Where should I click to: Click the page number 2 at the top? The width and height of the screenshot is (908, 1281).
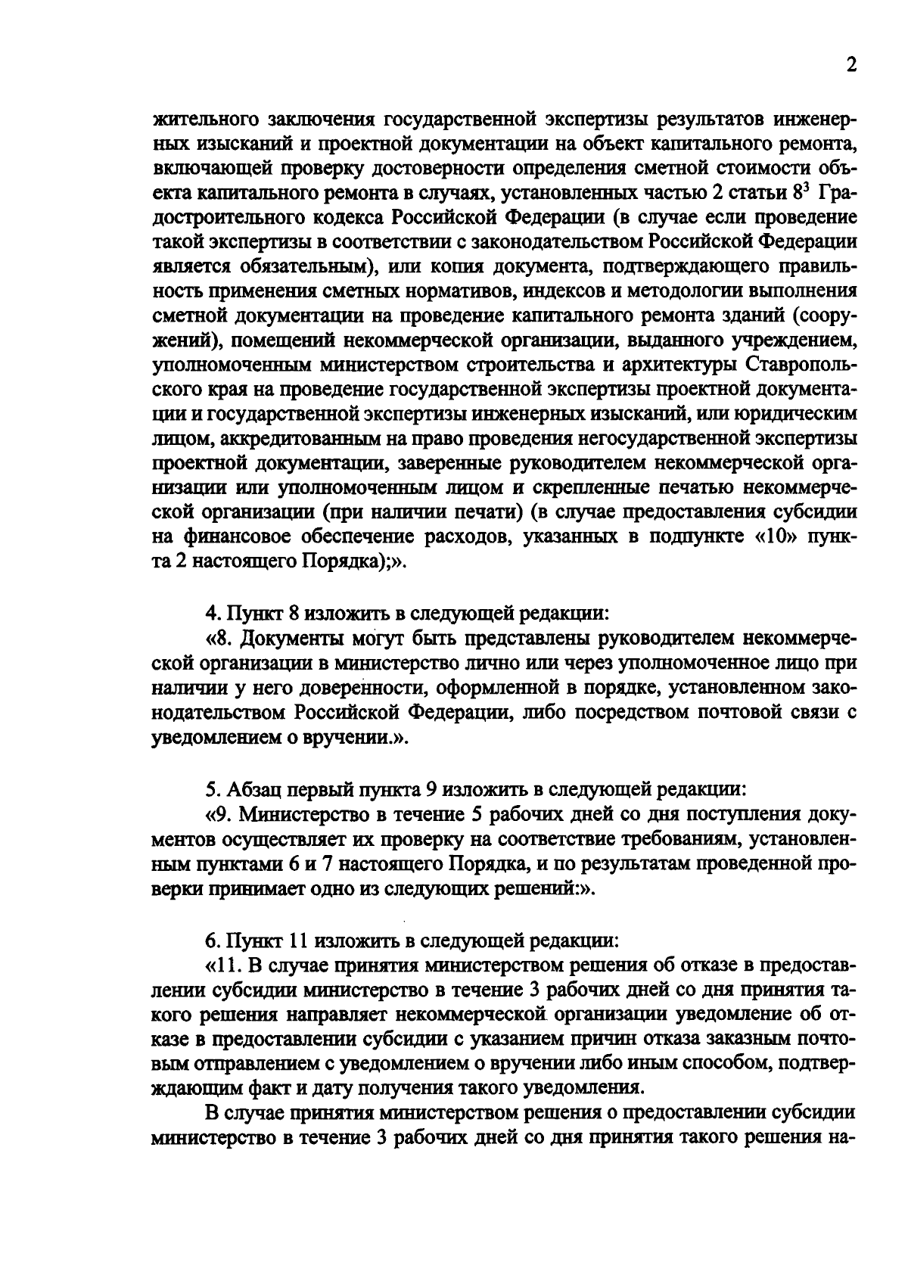(x=850, y=67)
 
